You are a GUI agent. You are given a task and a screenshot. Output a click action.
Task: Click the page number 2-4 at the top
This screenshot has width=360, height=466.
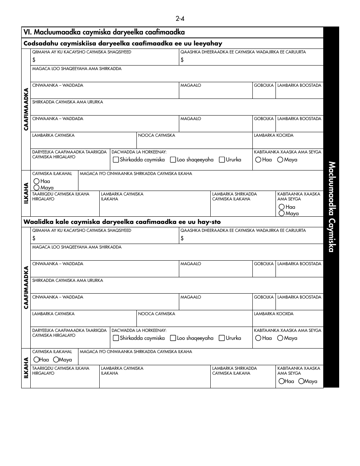180,19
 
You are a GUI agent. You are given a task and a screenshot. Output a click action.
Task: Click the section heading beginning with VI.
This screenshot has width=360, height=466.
104,33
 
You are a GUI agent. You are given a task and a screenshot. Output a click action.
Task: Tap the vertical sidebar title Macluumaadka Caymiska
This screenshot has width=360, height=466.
331,207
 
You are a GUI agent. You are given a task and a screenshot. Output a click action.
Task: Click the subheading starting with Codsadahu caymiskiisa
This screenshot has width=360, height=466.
123,44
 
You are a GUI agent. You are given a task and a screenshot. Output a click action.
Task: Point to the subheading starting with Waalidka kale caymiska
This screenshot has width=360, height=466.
122,222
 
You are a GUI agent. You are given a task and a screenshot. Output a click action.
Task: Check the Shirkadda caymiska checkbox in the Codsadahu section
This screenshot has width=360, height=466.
116,160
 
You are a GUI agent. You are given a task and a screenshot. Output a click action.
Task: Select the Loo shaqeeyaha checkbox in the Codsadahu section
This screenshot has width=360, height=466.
173,160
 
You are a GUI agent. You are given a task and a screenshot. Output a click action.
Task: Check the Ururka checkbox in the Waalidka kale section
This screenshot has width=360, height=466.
222,338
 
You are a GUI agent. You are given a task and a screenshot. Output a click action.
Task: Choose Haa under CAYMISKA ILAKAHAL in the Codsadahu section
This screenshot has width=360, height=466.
36,181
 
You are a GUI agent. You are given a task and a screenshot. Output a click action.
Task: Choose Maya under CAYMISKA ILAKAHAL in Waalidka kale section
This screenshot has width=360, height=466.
56,360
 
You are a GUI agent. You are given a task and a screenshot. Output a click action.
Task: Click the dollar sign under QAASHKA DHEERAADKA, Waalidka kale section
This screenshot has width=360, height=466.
182,238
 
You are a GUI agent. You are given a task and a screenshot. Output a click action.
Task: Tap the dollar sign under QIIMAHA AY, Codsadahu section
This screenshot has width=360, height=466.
34,60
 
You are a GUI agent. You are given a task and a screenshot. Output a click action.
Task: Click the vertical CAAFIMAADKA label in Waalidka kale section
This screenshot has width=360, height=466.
26,288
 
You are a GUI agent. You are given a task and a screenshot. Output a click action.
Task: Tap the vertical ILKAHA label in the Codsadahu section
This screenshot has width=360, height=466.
26,193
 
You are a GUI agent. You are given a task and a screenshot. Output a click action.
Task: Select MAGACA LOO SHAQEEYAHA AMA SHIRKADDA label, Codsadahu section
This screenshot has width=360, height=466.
77,69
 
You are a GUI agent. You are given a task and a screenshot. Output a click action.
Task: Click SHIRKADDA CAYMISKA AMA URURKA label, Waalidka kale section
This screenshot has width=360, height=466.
67,280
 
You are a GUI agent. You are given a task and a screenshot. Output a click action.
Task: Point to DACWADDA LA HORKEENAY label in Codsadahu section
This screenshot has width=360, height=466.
139,152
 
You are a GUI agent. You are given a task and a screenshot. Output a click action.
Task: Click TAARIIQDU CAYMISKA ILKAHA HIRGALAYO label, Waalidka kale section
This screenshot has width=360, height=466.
61,371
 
